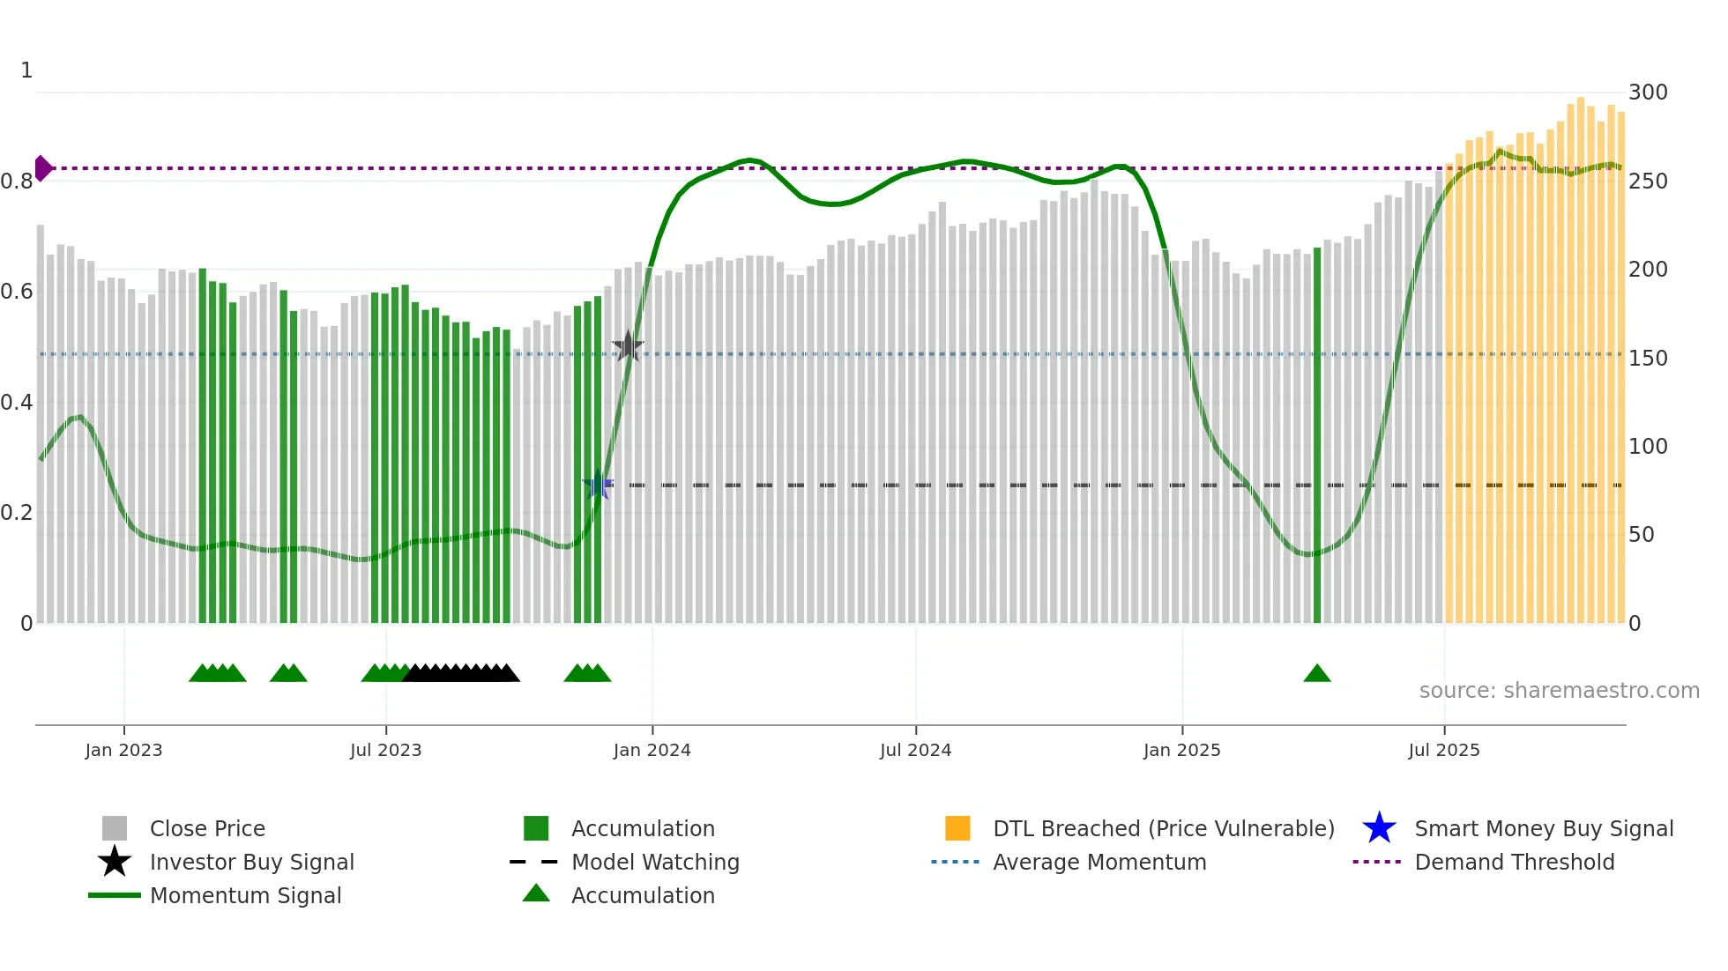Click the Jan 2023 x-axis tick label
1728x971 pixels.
123,750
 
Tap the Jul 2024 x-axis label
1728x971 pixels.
915,750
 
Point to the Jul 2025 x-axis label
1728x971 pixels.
1443,750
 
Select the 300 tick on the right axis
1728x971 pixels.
1647,93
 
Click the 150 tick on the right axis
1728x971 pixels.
1647,359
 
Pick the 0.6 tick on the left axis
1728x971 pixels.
17,292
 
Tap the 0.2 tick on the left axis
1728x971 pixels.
17,513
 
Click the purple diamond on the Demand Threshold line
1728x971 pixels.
43,167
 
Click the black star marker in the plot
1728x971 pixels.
628,346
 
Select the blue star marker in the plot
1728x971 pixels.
598,485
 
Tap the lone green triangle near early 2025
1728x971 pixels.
1316,674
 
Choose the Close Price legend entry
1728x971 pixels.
207,828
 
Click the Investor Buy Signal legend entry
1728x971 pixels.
251,862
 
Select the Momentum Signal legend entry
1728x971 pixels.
245,895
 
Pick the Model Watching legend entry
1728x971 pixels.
655,862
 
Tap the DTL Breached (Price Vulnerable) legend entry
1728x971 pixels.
1163,828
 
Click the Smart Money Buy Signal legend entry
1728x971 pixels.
1543,828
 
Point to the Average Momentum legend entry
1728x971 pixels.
1099,862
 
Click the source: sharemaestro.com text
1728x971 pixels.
1559,691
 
